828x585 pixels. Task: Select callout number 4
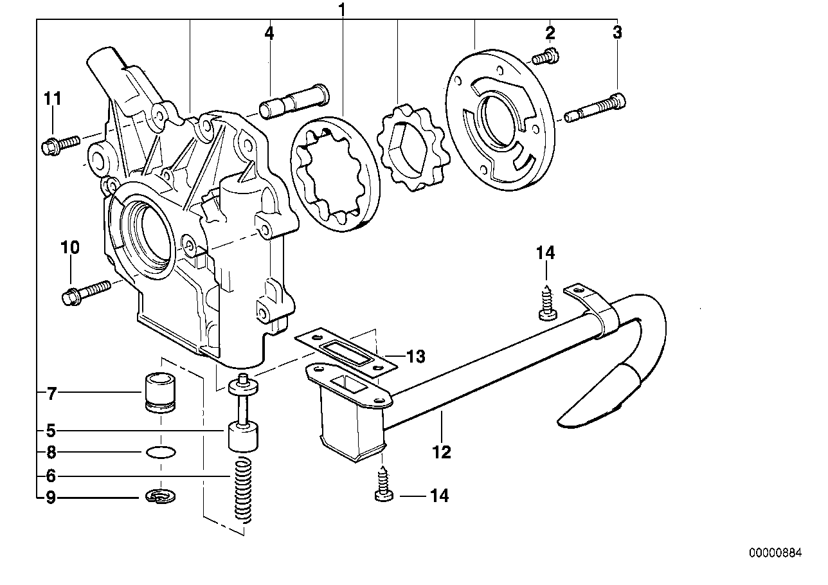(269, 33)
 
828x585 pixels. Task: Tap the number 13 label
(415, 355)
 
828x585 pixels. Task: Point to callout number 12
(442, 451)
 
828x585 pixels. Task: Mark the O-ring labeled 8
(159, 452)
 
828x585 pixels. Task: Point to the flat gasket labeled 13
(346, 354)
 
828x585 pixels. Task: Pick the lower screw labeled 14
(382, 486)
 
